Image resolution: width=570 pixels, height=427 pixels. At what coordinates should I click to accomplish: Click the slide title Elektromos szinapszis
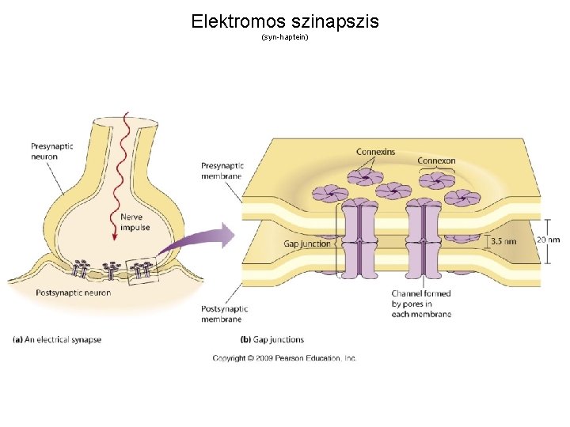tap(285, 21)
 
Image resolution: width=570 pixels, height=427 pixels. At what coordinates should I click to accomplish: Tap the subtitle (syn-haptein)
tap(284, 37)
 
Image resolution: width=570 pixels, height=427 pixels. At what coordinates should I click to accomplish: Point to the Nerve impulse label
tap(135, 221)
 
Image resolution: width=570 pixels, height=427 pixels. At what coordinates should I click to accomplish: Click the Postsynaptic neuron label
tap(74, 293)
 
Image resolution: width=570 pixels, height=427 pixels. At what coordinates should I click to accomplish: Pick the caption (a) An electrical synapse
tap(57, 339)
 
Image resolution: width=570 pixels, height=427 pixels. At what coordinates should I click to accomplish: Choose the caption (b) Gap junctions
tap(272, 339)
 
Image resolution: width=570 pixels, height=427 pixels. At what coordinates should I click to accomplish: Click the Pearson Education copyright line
tap(284, 358)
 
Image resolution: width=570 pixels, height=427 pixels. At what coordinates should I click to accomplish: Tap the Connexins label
tap(375, 152)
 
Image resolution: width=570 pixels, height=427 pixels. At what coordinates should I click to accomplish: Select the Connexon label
tap(436, 161)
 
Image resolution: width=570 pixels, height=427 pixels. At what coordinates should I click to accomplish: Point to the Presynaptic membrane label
tap(222, 171)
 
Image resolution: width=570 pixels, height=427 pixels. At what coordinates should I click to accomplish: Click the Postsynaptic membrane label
tap(225, 313)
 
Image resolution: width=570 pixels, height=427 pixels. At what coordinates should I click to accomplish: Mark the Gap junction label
tap(307, 244)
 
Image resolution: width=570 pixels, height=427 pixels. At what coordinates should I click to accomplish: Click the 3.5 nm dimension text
tap(503, 240)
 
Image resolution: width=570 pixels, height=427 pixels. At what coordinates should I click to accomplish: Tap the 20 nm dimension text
tap(548, 240)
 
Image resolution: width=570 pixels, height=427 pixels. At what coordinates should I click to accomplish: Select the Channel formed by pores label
tap(421, 304)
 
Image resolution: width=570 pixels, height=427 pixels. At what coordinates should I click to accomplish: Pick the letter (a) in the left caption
tap(17, 339)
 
